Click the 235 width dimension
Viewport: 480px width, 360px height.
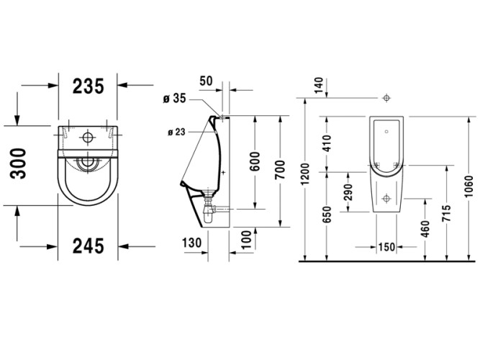[x=89, y=86]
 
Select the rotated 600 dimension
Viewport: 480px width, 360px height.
[x=254, y=163]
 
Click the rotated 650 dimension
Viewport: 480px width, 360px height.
[x=328, y=215]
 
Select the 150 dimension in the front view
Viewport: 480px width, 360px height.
[x=386, y=247]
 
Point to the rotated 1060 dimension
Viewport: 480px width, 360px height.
[x=469, y=186]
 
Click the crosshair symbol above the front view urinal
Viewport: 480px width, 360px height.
[x=387, y=97]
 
